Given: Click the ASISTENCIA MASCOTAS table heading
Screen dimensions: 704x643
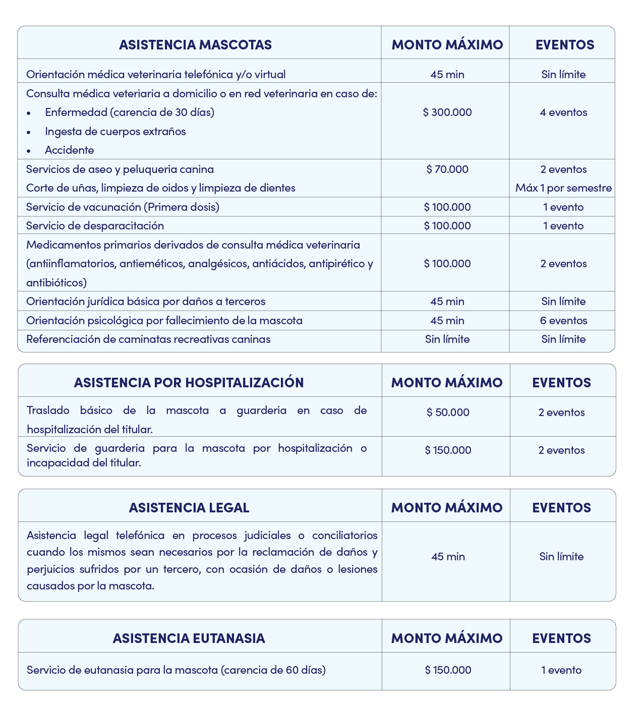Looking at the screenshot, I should click(x=195, y=45).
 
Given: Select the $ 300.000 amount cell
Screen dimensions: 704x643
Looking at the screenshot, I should click(x=447, y=112).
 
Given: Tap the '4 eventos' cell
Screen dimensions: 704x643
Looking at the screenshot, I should click(x=563, y=112).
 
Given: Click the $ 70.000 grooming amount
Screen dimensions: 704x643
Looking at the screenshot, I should click(x=447, y=169).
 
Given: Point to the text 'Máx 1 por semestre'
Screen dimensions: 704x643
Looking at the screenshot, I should click(x=563, y=188).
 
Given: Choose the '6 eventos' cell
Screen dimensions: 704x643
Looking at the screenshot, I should click(x=563, y=321).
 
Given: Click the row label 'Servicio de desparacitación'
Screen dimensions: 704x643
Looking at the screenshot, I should click(x=95, y=226).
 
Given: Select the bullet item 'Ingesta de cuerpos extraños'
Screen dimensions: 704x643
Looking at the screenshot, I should click(x=115, y=132).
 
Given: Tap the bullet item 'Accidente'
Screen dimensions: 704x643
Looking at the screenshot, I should click(x=69, y=150).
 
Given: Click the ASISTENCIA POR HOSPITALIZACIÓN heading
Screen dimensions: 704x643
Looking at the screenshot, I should click(x=189, y=383).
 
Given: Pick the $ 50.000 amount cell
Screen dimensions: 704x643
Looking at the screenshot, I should click(x=448, y=413).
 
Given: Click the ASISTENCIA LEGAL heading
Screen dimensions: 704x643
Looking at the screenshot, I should click(x=189, y=508).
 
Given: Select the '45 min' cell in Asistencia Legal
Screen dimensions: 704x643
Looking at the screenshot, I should click(x=448, y=557).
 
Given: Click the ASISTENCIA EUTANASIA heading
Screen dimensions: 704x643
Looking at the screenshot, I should click(x=189, y=638).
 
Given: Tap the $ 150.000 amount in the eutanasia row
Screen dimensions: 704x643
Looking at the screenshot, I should click(x=448, y=670).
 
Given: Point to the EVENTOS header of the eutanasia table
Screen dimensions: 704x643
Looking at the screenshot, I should click(x=561, y=638).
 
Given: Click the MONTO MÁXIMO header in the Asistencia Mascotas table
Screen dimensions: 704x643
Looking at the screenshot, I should click(x=447, y=45).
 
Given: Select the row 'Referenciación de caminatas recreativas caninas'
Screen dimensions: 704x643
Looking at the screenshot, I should click(x=148, y=339).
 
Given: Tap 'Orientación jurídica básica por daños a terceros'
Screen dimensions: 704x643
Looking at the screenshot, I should click(x=146, y=302).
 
